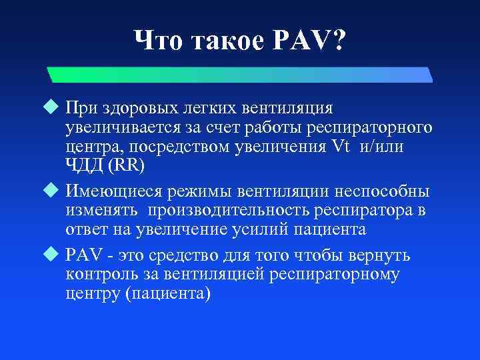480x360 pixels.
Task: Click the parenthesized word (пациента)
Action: pos(167,293)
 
